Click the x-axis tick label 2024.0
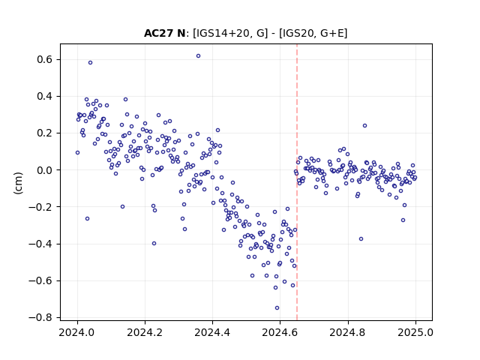point(77,332)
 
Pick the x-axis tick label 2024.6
point(280,332)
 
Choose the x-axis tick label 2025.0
point(415,332)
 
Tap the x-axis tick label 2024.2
point(145,332)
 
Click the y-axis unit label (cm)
point(18,183)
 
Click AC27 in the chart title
point(159,33)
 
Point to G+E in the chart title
point(331,33)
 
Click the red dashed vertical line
point(297,182)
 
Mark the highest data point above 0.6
point(198,56)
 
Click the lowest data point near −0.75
point(277,308)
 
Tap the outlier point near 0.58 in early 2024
point(90,63)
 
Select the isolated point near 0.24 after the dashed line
point(365,126)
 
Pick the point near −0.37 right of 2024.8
point(361,239)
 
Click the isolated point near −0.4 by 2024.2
point(154,244)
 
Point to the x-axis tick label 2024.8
point(347,332)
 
